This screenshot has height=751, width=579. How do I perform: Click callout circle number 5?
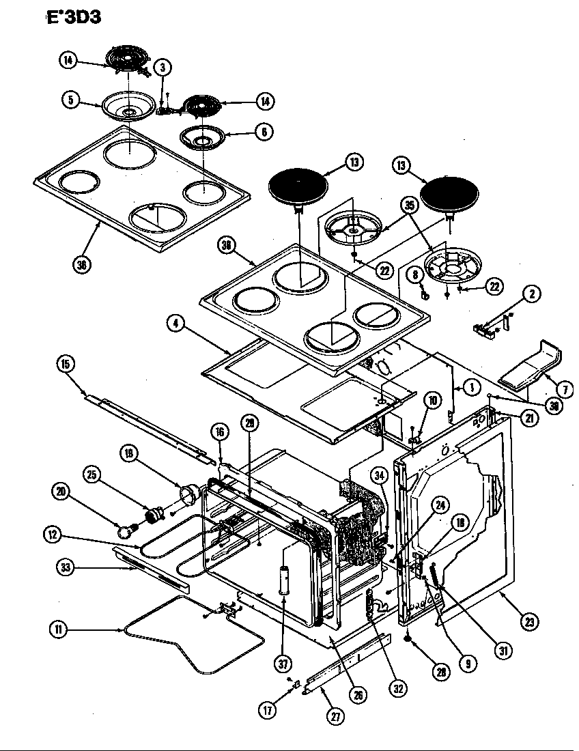pyautogui.click(x=70, y=100)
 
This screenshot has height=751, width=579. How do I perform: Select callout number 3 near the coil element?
pyautogui.click(x=162, y=67)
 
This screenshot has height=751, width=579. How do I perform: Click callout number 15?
pyautogui.click(x=65, y=363)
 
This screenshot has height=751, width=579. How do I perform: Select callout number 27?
pyautogui.click(x=335, y=716)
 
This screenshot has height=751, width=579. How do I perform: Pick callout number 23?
pyautogui.click(x=530, y=621)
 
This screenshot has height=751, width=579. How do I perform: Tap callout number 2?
pyautogui.click(x=532, y=294)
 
